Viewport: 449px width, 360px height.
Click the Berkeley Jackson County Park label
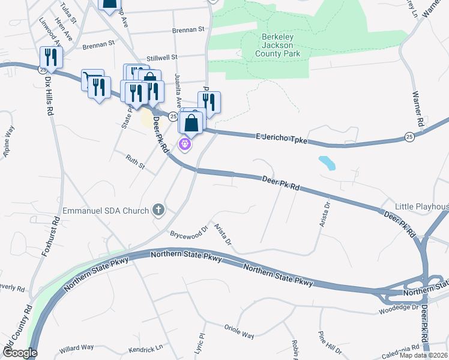pos(277,45)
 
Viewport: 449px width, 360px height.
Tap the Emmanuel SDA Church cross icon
pos(158,209)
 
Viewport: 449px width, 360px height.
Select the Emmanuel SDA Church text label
pos(106,211)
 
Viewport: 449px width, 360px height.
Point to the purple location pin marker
pos(185,144)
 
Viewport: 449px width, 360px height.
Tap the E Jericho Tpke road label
pos(282,139)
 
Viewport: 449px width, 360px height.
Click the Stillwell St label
pos(166,57)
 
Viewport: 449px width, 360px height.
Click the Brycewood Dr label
pos(188,230)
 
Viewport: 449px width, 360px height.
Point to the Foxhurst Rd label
pos(52,236)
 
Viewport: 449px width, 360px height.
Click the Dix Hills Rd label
pos(49,95)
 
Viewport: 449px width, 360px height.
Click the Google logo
pos(19,353)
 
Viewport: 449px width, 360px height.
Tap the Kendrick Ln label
pos(146,348)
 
